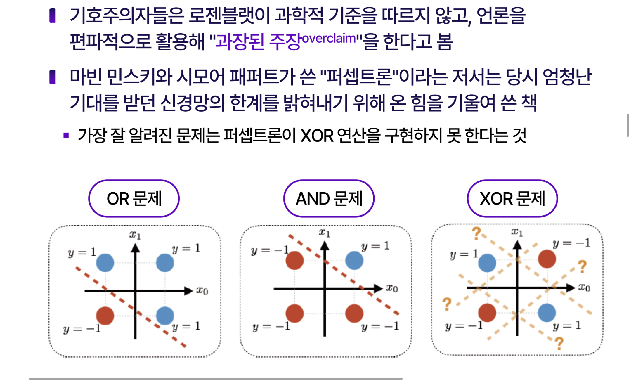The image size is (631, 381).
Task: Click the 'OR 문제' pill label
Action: [x=134, y=199]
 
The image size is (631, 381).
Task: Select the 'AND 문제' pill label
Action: [x=329, y=199]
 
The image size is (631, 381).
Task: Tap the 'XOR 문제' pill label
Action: [x=512, y=199]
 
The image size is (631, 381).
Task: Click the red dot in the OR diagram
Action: [x=105, y=316]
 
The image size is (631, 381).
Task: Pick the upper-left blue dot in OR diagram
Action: [x=105, y=262]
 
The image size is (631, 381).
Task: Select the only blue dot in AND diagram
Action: [x=354, y=260]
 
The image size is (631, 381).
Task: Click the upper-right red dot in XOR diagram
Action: [x=547, y=259]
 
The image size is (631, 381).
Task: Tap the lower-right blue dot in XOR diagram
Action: [x=547, y=313]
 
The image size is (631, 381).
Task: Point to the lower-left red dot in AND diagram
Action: [x=294, y=313]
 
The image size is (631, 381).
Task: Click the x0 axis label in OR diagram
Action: [x=202, y=291]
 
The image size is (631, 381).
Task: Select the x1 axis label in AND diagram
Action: [x=324, y=233]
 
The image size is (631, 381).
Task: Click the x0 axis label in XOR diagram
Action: [x=584, y=288]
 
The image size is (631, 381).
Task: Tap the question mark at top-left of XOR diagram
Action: [x=476, y=233]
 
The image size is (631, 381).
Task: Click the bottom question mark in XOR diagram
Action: [x=559, y=344]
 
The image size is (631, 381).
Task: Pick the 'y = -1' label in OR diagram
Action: [x=82, y=329]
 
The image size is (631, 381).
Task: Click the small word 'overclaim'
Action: [x=329, y=38]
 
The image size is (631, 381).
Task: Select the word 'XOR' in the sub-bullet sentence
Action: [x=317, y=136]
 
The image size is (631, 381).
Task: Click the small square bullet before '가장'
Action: [x=66, y=135]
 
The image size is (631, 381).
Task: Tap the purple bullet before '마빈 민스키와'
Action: [x=53, y=77]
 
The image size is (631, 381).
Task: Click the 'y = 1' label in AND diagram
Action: [x=375, y=246]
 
